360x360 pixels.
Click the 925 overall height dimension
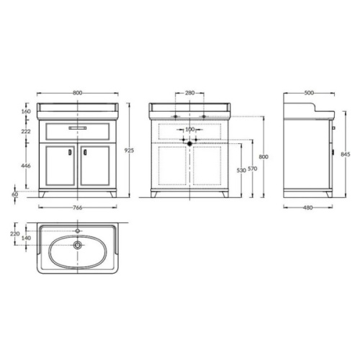(129, 150)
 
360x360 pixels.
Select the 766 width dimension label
(77, 207)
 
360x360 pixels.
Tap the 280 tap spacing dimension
(190, 93)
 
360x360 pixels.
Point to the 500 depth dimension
(309, 93)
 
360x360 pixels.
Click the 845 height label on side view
(346, 154)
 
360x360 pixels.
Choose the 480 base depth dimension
(308, 207)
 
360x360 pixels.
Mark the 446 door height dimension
(26, 166)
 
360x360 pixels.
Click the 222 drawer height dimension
(26, 131)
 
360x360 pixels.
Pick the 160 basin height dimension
(26, 112)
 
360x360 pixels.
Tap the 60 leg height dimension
(15, 194)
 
